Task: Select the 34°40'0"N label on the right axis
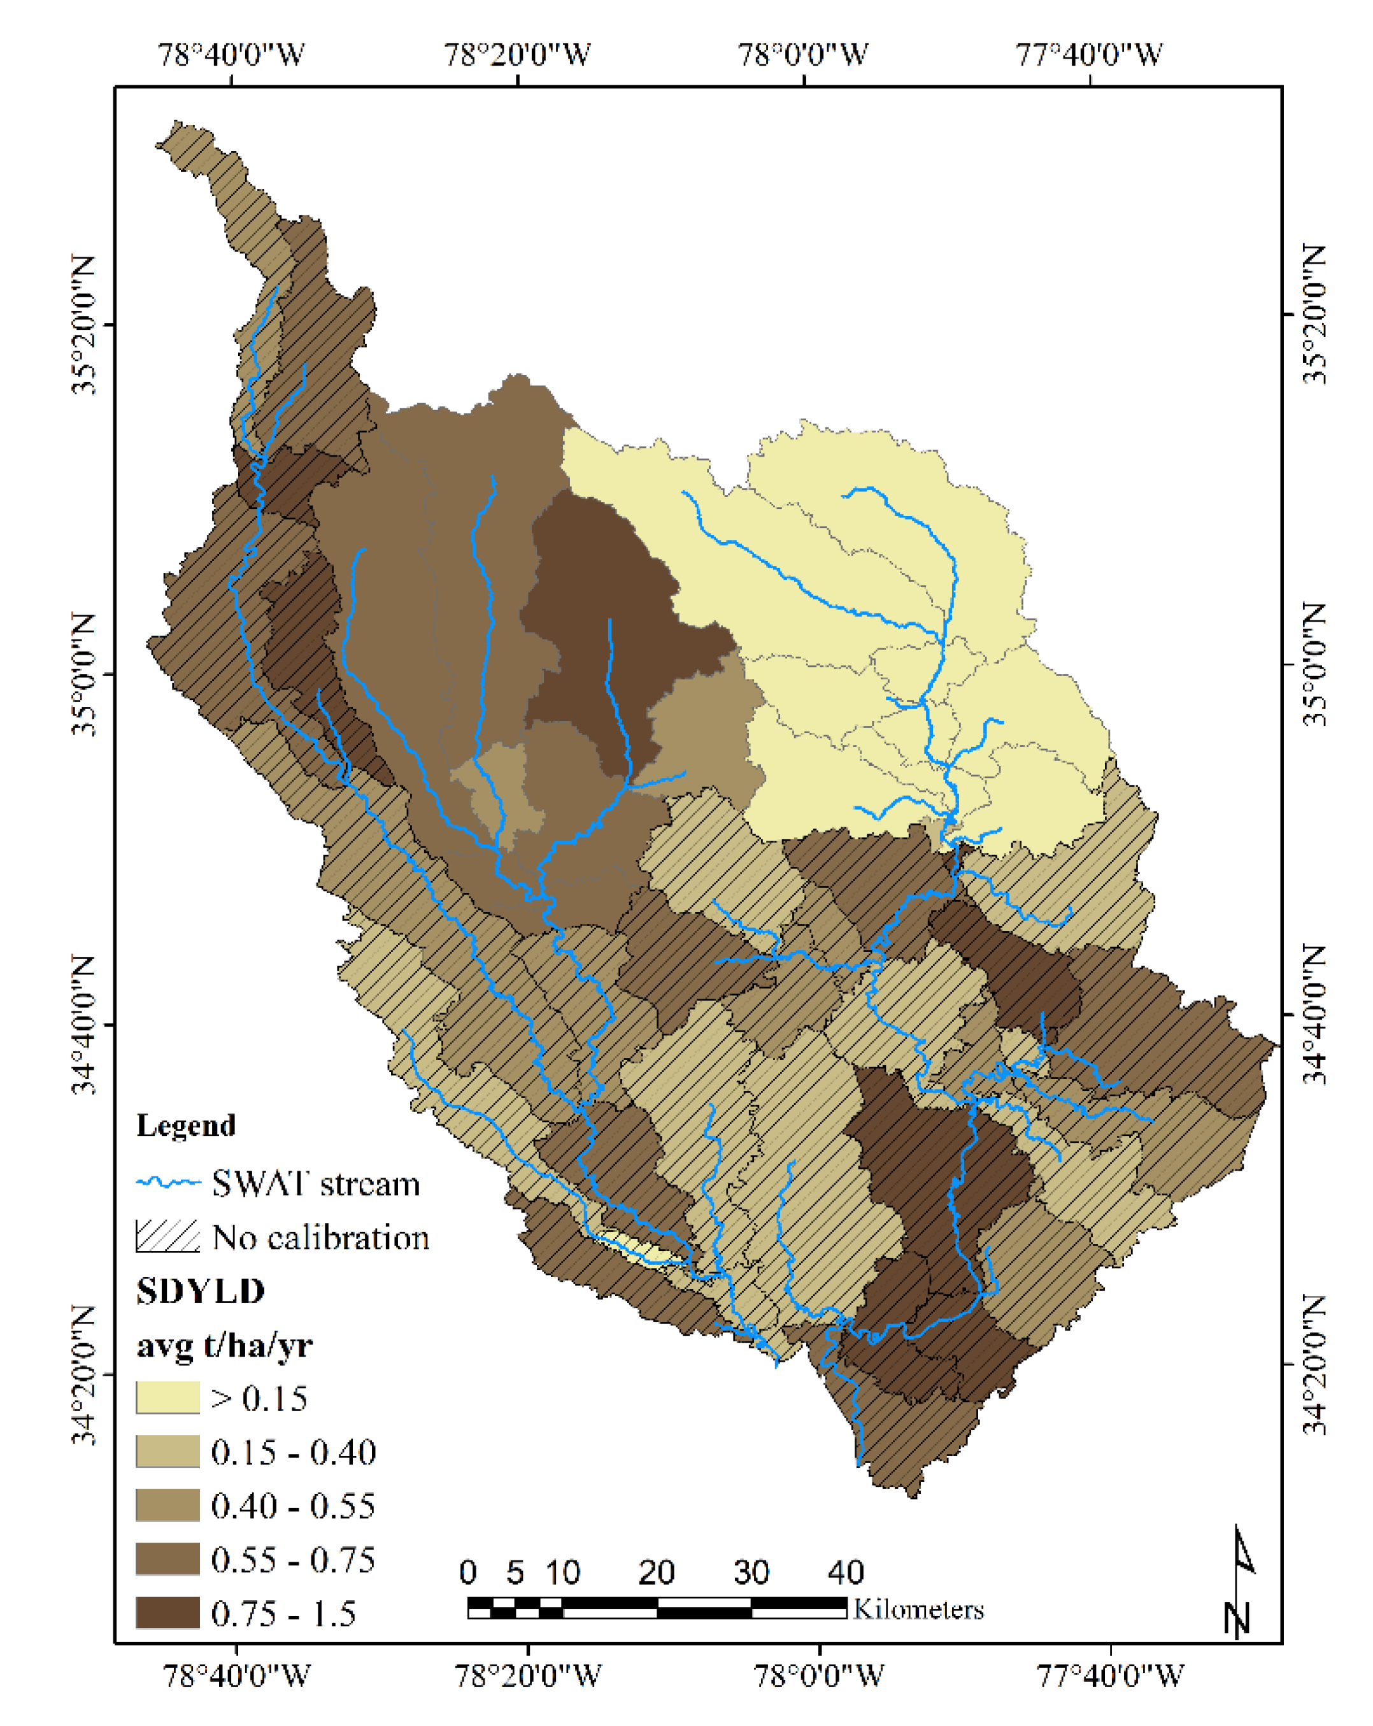point(1313,1015)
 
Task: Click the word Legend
point(186,1125)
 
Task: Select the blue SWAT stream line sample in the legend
point(167,1183)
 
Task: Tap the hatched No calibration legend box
point(167,1237)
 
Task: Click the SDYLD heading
point(200,1291)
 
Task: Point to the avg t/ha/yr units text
point(224,1345)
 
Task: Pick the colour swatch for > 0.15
point(167,1398)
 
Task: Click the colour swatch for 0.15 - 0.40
point(167,1451)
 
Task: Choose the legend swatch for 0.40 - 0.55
point(167,1506)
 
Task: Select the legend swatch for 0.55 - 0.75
point(167,1560)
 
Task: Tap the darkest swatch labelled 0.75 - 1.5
point(167,1613)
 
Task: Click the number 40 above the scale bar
point(846,1573)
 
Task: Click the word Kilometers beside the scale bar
point(918,1609)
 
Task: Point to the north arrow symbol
point(1240,1581)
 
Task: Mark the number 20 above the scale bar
point(657,1573)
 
